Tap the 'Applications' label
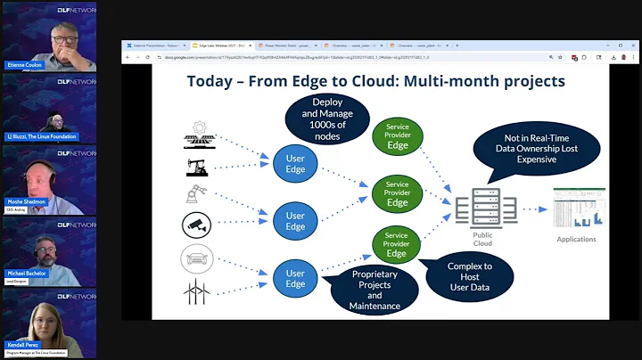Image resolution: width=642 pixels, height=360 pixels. click(577, 240)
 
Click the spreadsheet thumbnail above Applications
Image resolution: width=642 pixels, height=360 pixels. click(577, 209)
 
